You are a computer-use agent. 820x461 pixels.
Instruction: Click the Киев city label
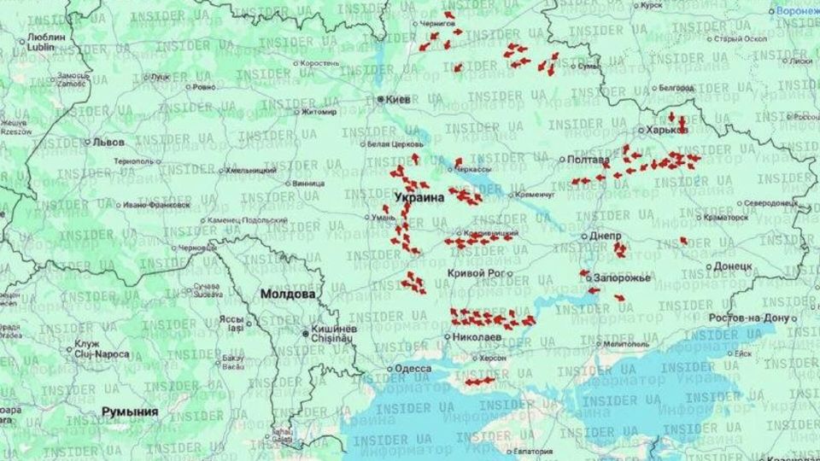pyautogui.click(x=399, y=100)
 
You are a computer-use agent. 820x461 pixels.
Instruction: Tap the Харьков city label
pyautogui.click(x=667, y=131)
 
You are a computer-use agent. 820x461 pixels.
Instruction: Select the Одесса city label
pyautogui.click(x=413, y=369)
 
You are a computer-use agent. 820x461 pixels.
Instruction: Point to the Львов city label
pyautogui.click(x=108, y=143)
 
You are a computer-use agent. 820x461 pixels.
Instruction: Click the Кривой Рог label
pyautogui.click(x=473, y=273)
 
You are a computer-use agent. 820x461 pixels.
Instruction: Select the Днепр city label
pyautogui.click(x=606, y=236)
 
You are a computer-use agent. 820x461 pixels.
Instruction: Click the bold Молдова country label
pyautogui.click(x=288, y=294)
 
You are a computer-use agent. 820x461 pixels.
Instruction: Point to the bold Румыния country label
pyautogui.click(x=130, y=411)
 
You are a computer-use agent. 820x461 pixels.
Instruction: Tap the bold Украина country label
pyautogui.click(x=419, y=197)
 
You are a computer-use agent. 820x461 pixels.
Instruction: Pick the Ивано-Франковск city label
pyautogui.click(x=156, y=205)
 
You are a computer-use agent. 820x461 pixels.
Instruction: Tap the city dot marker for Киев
pyautogui.click(x=381, y=100)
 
